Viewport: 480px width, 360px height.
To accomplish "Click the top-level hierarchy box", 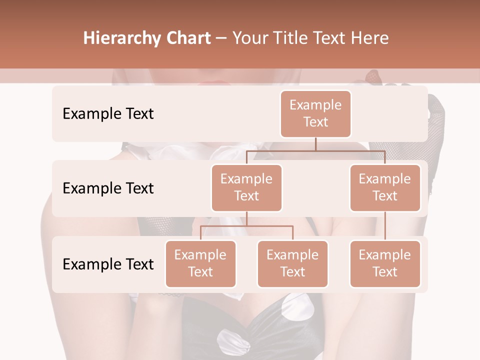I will [315, 113].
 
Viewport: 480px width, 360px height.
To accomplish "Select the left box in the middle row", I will [246, 187].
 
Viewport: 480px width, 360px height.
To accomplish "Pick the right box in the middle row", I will [385, 187].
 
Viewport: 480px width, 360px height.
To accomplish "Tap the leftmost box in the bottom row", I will [200, 263].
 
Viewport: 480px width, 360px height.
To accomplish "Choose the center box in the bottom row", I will [292, 263].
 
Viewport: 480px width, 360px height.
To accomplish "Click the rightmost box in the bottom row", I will [385, 263].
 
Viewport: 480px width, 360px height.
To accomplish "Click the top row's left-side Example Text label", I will [108, 114].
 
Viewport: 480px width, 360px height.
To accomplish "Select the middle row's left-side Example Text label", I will [108, 188].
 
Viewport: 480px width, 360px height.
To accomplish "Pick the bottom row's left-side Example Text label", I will [108, 264].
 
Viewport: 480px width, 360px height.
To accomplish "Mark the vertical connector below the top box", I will [315, 144].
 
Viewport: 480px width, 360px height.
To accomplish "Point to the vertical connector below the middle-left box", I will [246, 218].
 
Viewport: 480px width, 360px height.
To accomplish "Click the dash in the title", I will [221, 38].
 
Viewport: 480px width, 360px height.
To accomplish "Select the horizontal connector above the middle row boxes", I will [315, 150].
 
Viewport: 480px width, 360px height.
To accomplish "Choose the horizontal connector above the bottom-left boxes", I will [246, 226].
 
